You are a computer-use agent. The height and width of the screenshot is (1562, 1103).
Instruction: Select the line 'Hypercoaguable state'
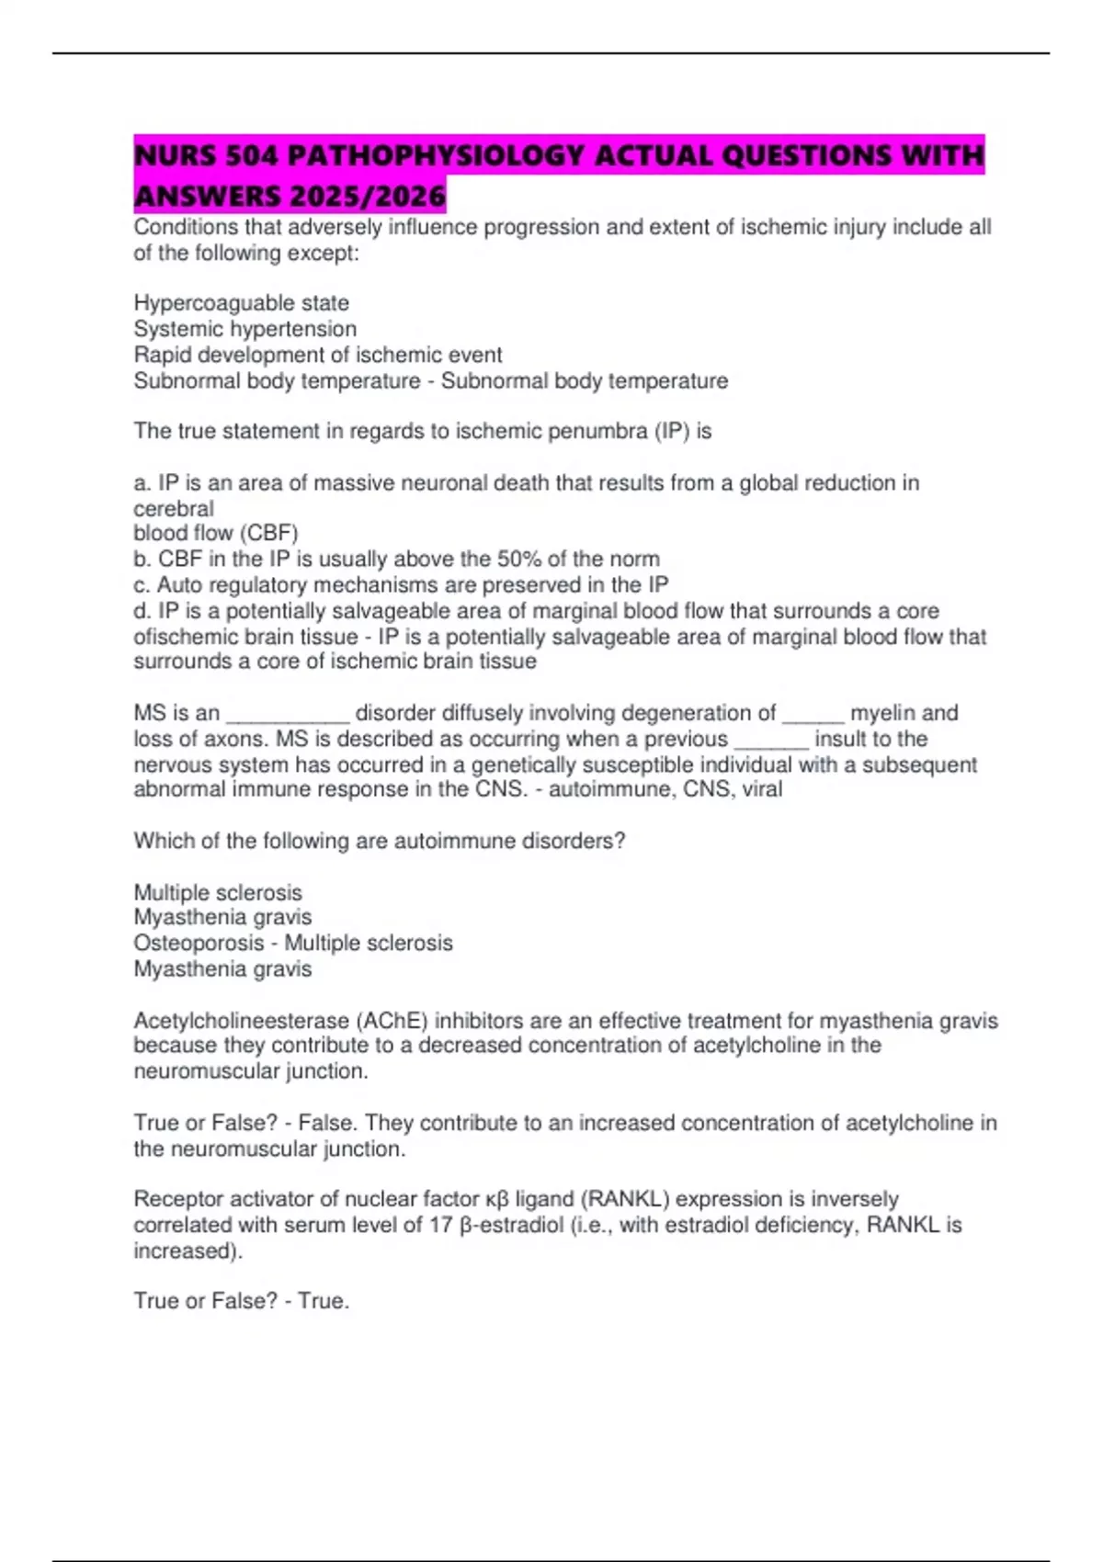(x=241, y=303)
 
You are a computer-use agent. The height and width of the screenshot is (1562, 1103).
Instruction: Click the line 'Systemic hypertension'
(x=244, y=329)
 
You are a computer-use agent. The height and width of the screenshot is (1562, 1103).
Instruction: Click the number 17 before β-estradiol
(x=441, y=1225)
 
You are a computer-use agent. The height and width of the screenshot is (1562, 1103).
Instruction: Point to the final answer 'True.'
(x=324, y=1301)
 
